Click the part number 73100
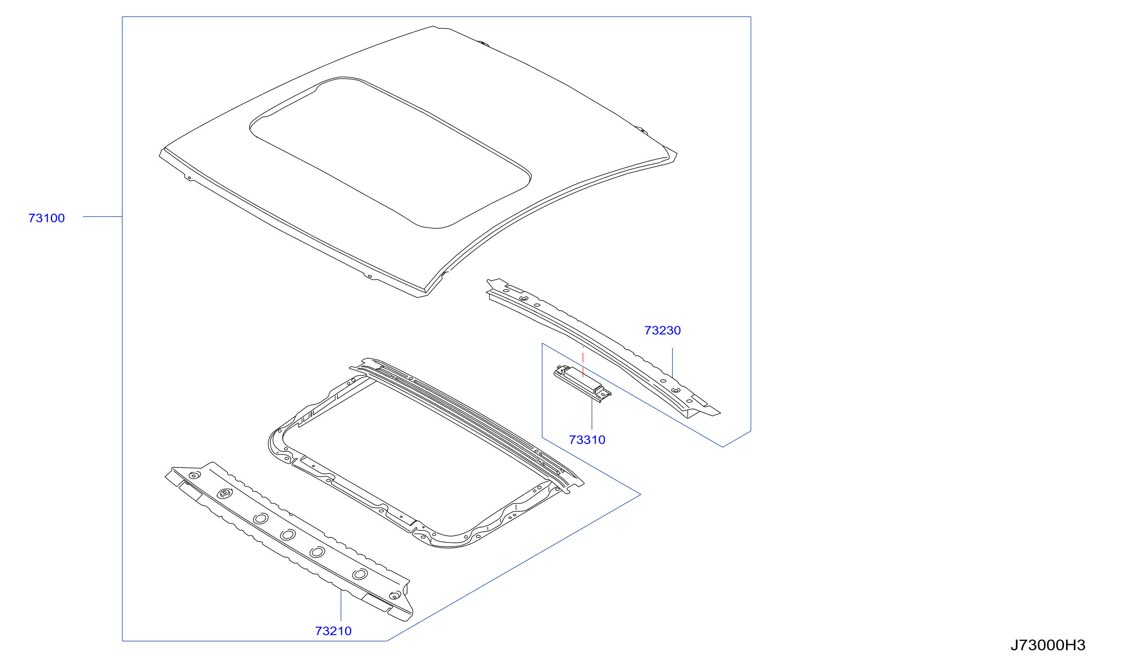47,218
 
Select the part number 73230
662,331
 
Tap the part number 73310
587,440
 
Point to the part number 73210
333,631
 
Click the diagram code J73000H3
1048,646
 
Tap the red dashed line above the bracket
583,362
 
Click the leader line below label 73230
672,363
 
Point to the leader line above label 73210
341,605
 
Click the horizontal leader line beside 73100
102,217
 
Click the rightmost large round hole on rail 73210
360,574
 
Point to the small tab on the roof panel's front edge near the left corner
189,177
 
